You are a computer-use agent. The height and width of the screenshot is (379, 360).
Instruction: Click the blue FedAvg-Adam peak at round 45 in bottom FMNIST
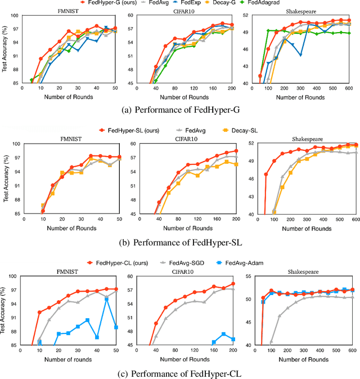pos(106,299)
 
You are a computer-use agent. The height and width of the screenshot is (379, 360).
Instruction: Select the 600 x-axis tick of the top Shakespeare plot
pos(349,88)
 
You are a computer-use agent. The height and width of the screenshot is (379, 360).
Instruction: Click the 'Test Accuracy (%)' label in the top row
pos(5,51)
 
